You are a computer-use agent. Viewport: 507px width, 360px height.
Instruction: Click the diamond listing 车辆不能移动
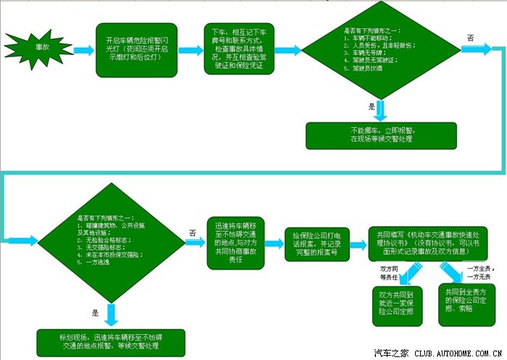click(372, 51)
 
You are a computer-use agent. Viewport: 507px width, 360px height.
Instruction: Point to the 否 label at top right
click(471, 37)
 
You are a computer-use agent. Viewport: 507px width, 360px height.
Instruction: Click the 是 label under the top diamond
click(372, 106)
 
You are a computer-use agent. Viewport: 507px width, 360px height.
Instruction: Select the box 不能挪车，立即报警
click(381, 134)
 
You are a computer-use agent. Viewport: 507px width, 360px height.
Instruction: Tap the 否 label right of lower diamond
click(192, 233)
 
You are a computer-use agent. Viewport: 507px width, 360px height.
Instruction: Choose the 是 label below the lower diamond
click(95, 312)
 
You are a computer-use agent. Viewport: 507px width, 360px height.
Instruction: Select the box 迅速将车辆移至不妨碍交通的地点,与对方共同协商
click(236, 239)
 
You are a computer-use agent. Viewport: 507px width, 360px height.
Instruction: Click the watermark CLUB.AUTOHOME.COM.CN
click(458, 353)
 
